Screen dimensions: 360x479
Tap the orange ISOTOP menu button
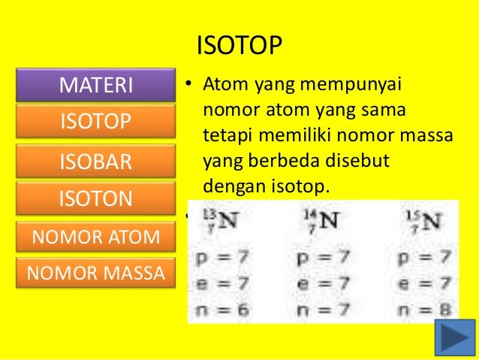click(95, 122)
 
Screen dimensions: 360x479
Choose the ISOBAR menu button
click(95, 161)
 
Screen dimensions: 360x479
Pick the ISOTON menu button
click(95, 198)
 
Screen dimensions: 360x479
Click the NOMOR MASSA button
click(95, 273)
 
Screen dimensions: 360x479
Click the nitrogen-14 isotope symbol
click(321, 221)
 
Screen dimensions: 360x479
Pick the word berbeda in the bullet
click(272, 162)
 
